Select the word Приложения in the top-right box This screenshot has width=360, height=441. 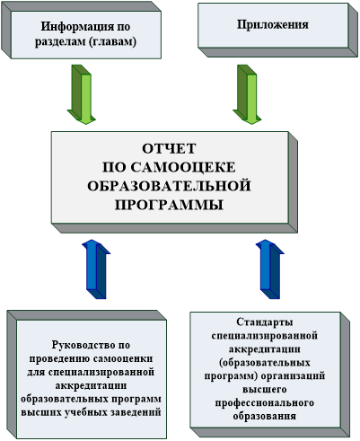click(x=273, y=24)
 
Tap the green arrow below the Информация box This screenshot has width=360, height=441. click(x=82, y=94)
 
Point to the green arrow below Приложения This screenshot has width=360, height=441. click(x=247, y=94)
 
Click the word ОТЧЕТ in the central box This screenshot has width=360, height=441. click(x=169, y=148)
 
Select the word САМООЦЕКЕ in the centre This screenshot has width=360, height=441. click(x=183, y=167)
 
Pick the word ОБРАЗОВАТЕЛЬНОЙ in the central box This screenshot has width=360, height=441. click(x=169, y=186)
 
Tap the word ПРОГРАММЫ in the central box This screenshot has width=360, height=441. click(x=169, y=205)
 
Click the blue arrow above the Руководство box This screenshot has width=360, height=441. click(x=96, y=269)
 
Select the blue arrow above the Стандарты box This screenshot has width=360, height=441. click(x=270, y=269)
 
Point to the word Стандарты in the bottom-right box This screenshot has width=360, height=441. click(x=265, y=322)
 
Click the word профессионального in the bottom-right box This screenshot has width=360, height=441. click(x=265, y=403)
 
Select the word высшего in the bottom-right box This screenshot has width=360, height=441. click(x=265, y=390)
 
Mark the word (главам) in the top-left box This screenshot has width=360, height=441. click(x=112, y=41)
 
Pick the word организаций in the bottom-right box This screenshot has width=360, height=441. click(x=293, y=375)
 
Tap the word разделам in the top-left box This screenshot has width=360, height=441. click(x=60, y=41)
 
